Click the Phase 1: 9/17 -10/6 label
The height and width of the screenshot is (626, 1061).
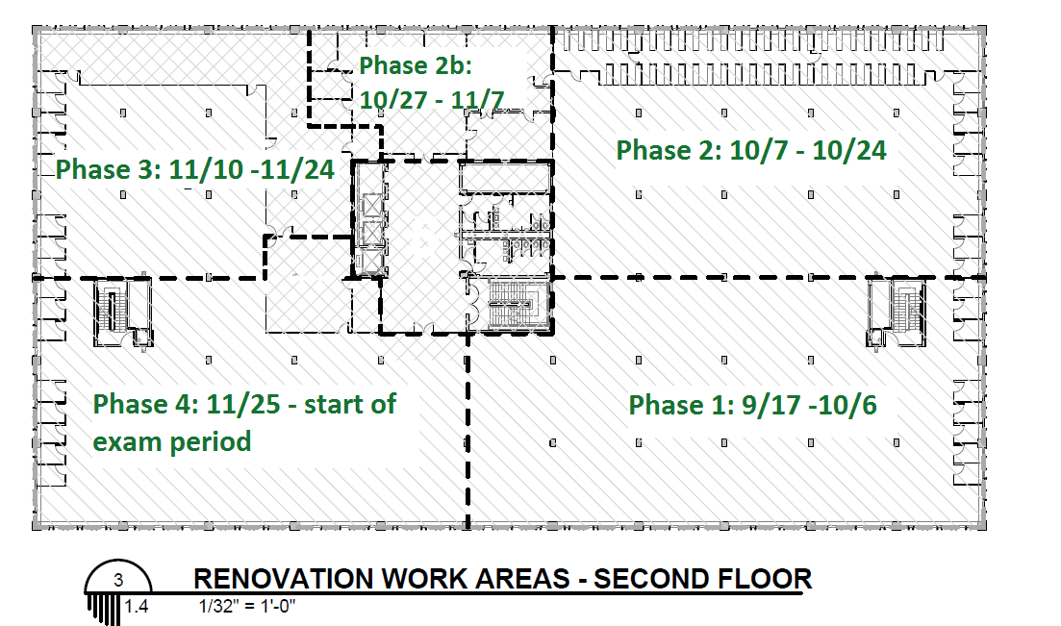(752, 405)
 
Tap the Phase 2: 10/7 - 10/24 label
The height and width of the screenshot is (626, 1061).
(751, 150)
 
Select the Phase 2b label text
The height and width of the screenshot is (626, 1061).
(415, 65)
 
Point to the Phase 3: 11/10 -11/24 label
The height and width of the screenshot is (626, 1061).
(195, 169)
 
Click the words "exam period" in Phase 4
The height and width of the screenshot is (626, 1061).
(172, 442)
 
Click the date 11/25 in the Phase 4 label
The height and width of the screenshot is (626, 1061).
(243, 404)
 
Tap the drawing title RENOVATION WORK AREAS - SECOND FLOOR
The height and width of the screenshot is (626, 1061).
(503, 579)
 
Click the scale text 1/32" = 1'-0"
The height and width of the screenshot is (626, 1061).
(247, 606)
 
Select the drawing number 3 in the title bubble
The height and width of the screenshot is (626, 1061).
(119, 580)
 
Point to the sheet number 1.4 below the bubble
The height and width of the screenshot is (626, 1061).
(136, 606)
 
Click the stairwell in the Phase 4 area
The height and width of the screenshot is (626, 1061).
(122, 313)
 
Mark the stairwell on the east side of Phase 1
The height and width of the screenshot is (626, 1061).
(897, 312)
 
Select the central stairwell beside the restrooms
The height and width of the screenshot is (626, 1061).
(513, 305)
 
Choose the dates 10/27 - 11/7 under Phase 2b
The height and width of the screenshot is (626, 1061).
(432, 100)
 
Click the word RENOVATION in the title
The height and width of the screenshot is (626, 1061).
(284, 579)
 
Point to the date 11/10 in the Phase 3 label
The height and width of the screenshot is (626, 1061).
(205, 169)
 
